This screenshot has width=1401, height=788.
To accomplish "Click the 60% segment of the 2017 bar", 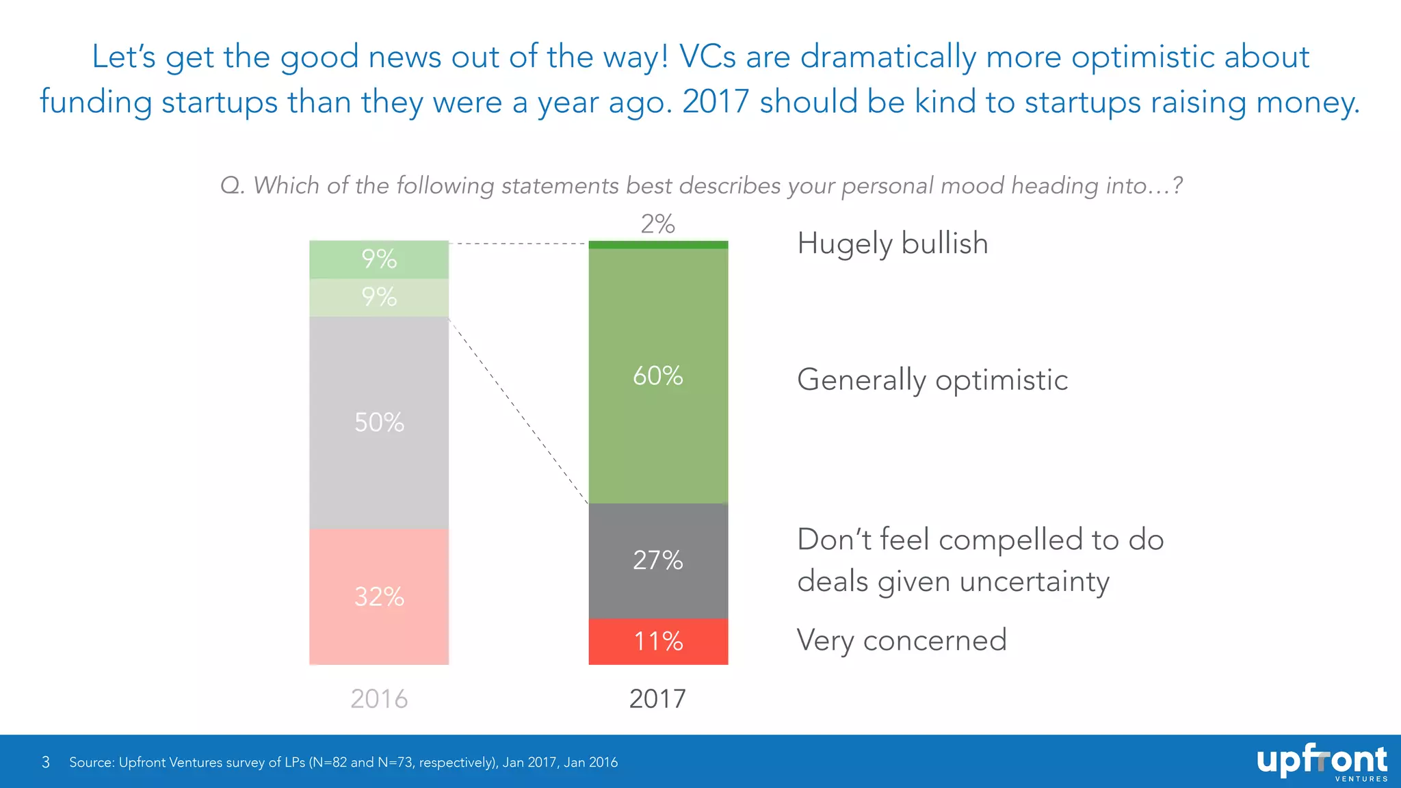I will click(658, 376).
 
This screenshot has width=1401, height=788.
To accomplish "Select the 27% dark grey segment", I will click(658, 560).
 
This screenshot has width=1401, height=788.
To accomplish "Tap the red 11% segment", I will click(658, 642).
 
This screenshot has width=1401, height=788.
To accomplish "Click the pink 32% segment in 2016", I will click(379, 596).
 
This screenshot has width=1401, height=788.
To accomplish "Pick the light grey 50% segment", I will click(379, 422).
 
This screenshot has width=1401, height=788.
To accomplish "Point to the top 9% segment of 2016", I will click(379, 259).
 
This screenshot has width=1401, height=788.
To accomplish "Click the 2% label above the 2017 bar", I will click(657, 224).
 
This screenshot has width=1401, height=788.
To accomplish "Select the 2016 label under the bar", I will click(379, 698).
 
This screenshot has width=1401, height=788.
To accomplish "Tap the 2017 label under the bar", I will click(657, 698).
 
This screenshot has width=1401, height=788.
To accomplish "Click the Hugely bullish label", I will click(893, 244).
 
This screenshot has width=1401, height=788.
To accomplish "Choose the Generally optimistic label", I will click(932, 380).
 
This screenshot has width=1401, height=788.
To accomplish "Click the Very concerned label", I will click(902, 640).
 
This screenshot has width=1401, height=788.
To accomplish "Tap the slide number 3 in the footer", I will click(46, 762).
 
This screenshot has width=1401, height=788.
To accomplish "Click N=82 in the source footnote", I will click(330, 762).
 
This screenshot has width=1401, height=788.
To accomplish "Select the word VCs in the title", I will click(707, 57).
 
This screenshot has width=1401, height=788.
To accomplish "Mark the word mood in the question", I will click(972, 185).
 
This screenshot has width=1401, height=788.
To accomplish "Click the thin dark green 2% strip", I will click(658, 245).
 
